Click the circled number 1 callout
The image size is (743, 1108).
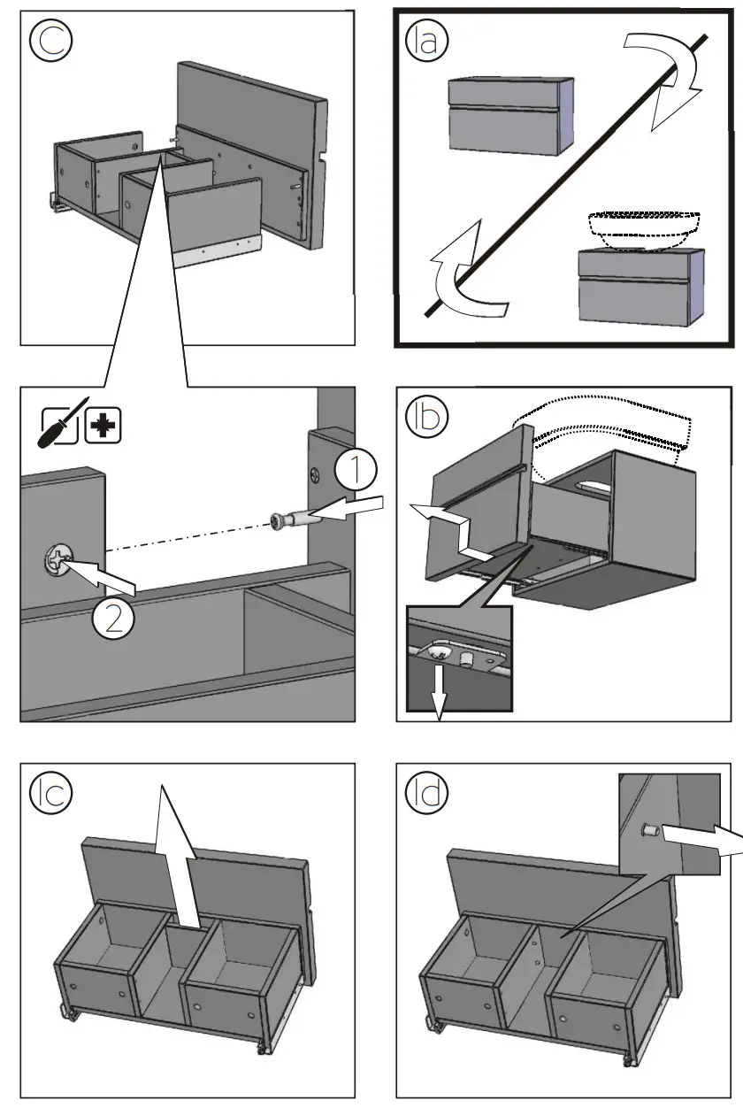tap(355, 471)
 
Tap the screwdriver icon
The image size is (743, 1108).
tap(63, 423)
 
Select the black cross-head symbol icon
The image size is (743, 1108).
tap(103, 426)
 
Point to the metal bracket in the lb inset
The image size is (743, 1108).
tap(460, 652)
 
